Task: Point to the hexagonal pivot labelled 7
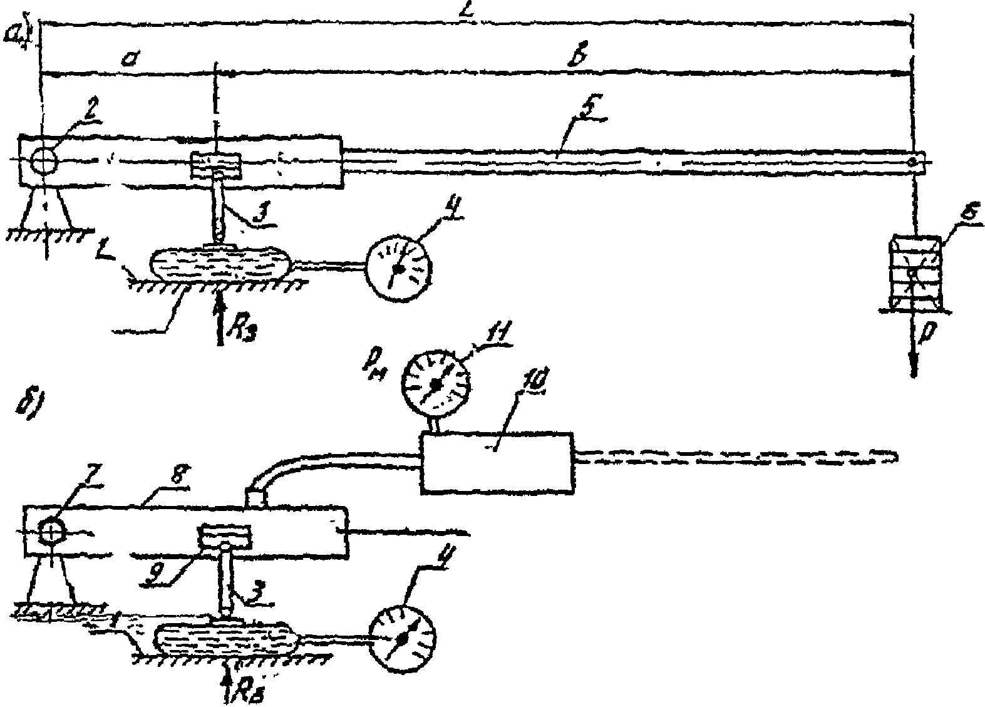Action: click(49, 532)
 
